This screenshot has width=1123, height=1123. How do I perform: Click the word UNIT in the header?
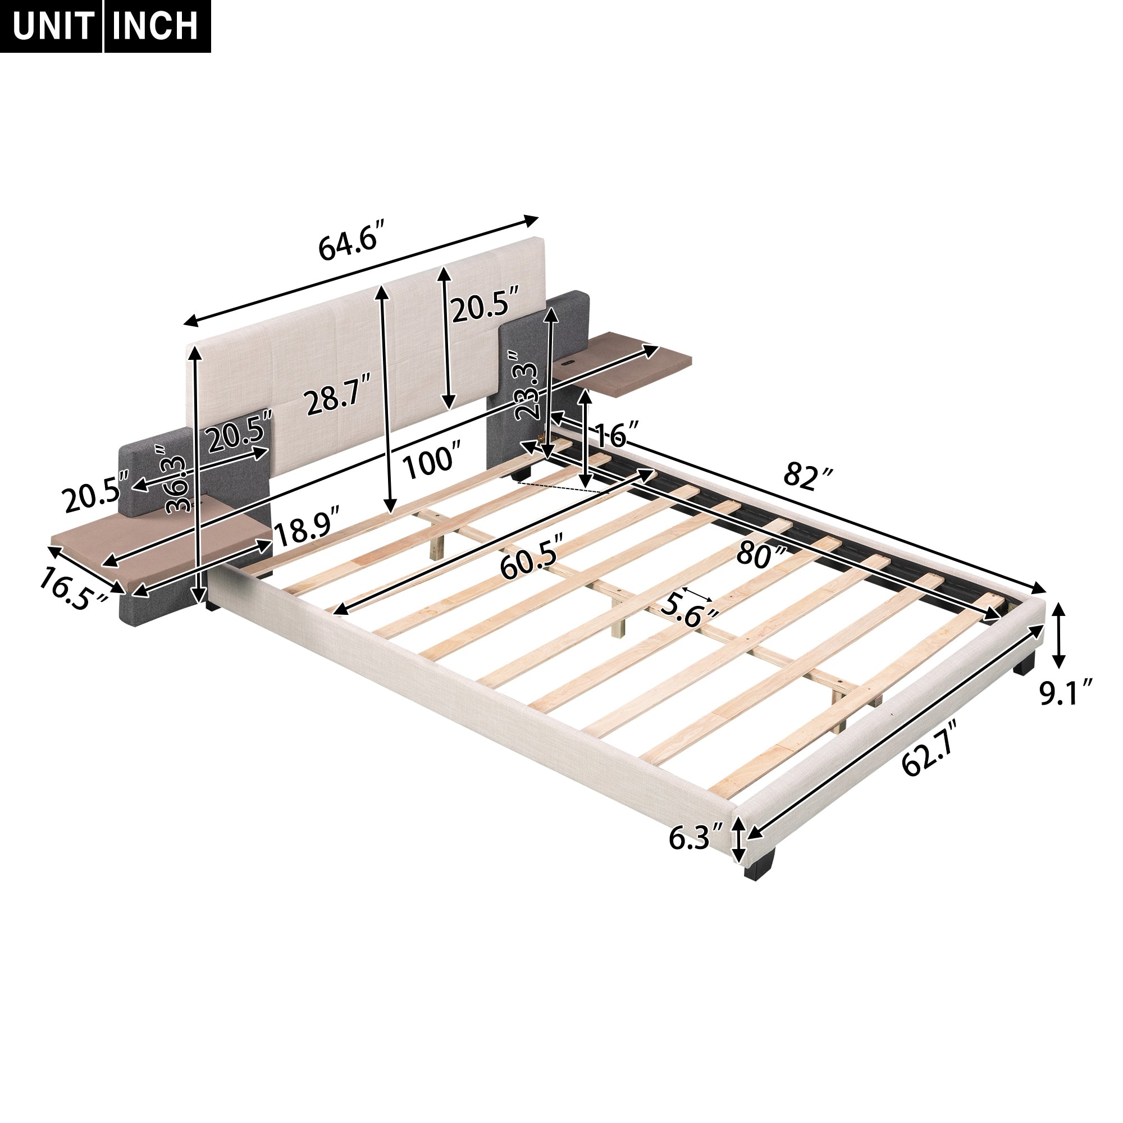coord(52,26)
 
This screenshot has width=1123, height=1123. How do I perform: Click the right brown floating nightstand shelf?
coord(640,363)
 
